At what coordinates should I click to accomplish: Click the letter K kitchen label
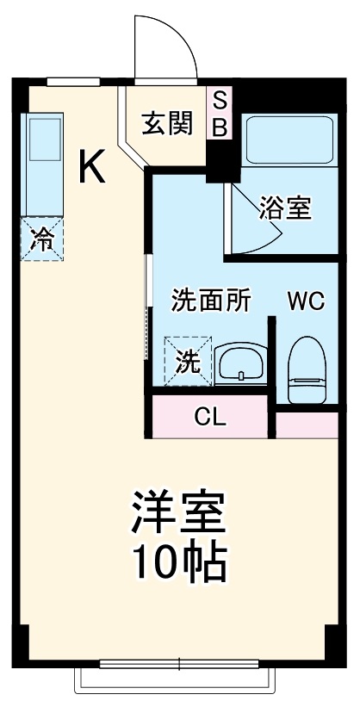coord(92,166)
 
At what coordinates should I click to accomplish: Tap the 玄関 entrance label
coord(166,125)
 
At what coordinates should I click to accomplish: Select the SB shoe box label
coord(220,115)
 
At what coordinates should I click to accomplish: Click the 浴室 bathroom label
coord(285,208)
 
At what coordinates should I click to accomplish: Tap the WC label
coord(306,301)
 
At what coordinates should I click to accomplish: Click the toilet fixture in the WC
coord(303,369)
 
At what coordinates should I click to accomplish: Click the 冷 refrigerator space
coord(42,239)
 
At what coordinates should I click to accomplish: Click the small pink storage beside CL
coord(307,423)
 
